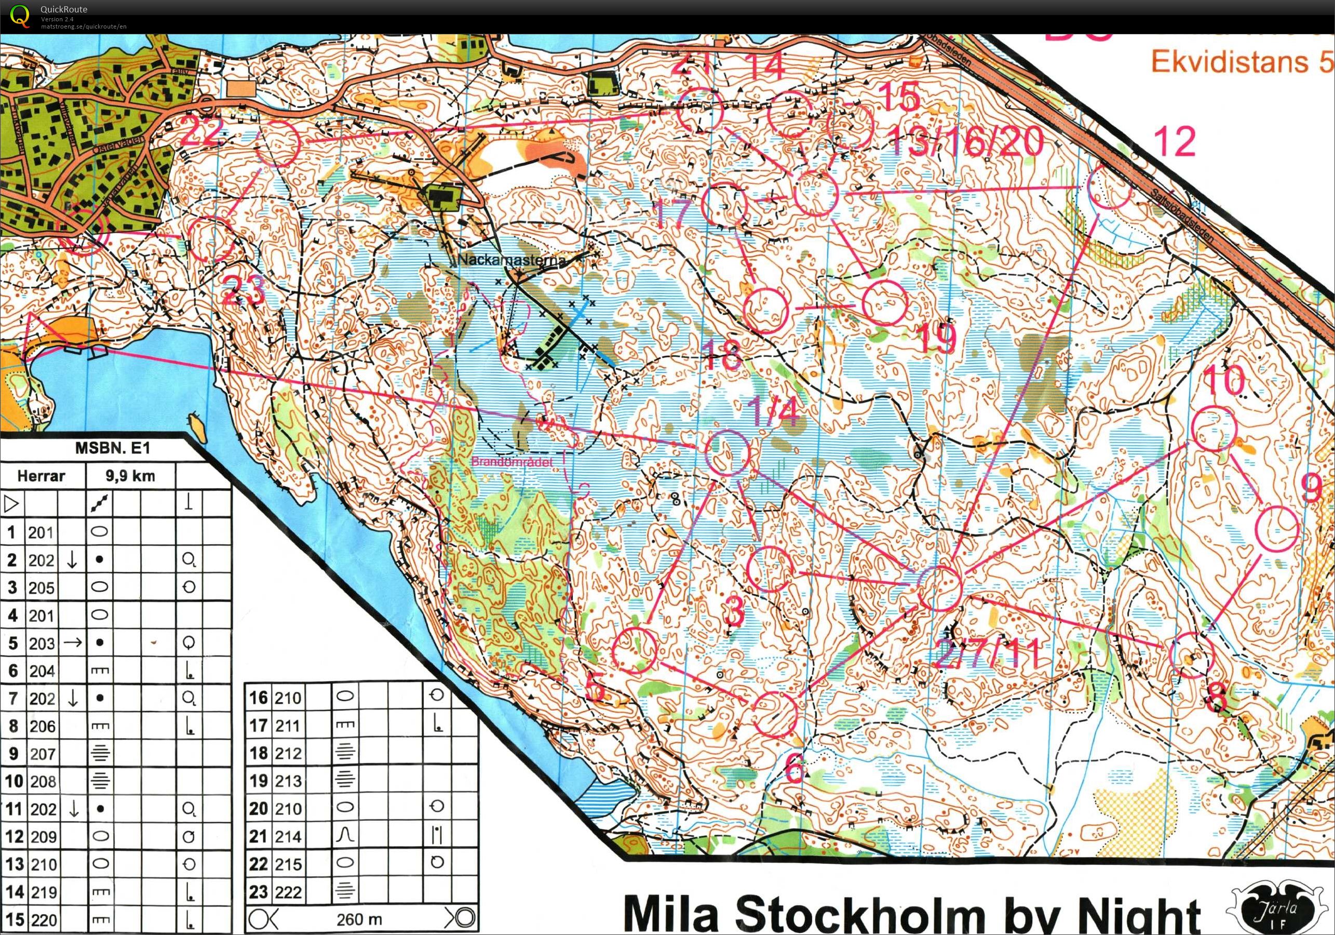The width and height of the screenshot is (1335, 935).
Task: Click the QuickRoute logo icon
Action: (19, 16)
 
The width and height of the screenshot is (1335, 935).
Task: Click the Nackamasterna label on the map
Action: (511, 260)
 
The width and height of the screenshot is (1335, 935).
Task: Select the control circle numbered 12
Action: (1109, 187)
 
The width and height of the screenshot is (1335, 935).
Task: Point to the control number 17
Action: (673, 213)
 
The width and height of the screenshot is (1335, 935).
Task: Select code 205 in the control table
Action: (42, 587)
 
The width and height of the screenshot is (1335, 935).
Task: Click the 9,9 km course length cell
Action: (130, 476)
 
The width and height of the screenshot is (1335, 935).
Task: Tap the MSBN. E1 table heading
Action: (112, 448)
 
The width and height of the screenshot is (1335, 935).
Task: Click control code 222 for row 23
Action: (288, 891)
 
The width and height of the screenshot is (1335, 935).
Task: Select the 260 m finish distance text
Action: (359, 919)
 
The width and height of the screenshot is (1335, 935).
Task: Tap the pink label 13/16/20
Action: (965, 141)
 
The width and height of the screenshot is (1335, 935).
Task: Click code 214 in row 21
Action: (288, 836)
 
